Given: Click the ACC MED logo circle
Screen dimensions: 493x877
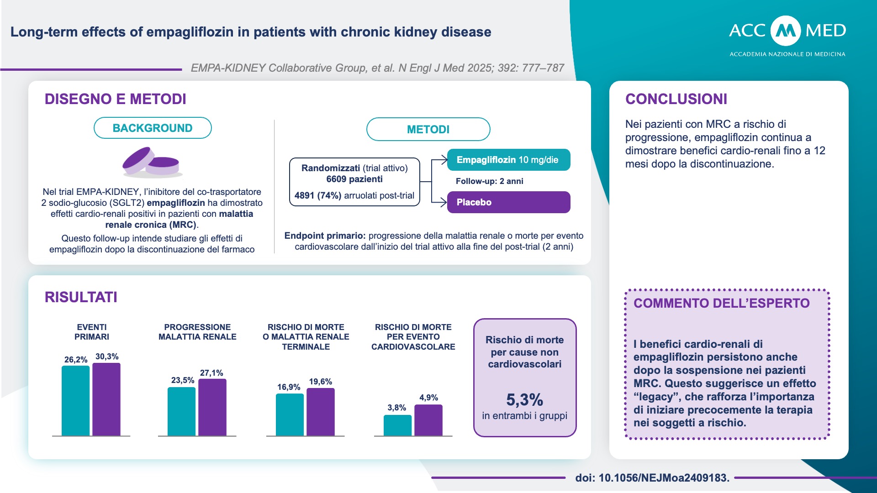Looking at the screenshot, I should [786, 31].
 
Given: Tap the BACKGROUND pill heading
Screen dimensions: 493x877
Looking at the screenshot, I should [153, 128].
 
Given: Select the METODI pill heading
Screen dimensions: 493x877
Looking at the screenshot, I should [428, 130].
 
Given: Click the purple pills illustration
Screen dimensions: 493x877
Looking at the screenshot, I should [151, 162].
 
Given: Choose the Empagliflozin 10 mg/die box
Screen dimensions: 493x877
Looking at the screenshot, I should [508, 160].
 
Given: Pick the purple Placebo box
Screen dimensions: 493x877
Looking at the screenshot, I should [508, 202].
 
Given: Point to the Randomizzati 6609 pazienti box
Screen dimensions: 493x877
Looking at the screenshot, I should [354, 182].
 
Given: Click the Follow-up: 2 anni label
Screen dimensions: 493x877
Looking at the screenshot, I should [489, 181].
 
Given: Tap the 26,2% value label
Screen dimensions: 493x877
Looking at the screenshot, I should [76, 360].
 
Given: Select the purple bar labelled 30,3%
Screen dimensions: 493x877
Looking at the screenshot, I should [106, 399].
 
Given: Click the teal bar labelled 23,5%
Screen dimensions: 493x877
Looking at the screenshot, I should [181, 411].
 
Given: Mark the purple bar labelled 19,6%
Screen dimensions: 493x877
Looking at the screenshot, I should [321, 412].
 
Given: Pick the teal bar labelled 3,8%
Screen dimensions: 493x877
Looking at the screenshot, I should [397, 425].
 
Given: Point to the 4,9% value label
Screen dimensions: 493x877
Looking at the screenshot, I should [428, 398].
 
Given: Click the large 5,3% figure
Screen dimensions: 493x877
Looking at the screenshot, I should [524, 400].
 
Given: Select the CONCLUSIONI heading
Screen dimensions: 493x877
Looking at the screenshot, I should [676, 99].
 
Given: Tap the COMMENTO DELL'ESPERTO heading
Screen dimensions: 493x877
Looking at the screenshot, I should [721, 303].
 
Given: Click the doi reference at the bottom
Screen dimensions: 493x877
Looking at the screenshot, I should [652, 478].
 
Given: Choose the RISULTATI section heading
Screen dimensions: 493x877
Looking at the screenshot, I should [81, 297].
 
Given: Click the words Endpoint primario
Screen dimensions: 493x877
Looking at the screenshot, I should [325, 236].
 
